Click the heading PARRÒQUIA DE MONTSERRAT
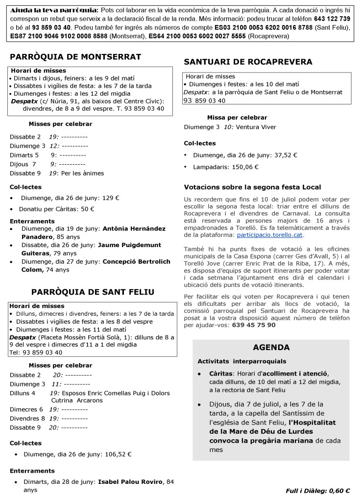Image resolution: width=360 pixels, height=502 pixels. (75, 57)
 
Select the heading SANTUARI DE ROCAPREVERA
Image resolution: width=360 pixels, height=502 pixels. (248, 62)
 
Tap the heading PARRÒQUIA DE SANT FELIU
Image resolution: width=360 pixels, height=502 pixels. (93, 292)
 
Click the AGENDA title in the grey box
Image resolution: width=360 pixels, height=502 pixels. (271, 348)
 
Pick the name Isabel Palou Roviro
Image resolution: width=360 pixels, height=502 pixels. (130, 481)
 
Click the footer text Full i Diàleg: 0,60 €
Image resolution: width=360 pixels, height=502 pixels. (317, 490)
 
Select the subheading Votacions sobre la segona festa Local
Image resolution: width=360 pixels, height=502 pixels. (252, 187)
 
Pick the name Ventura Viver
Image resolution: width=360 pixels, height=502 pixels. (256, 127)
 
